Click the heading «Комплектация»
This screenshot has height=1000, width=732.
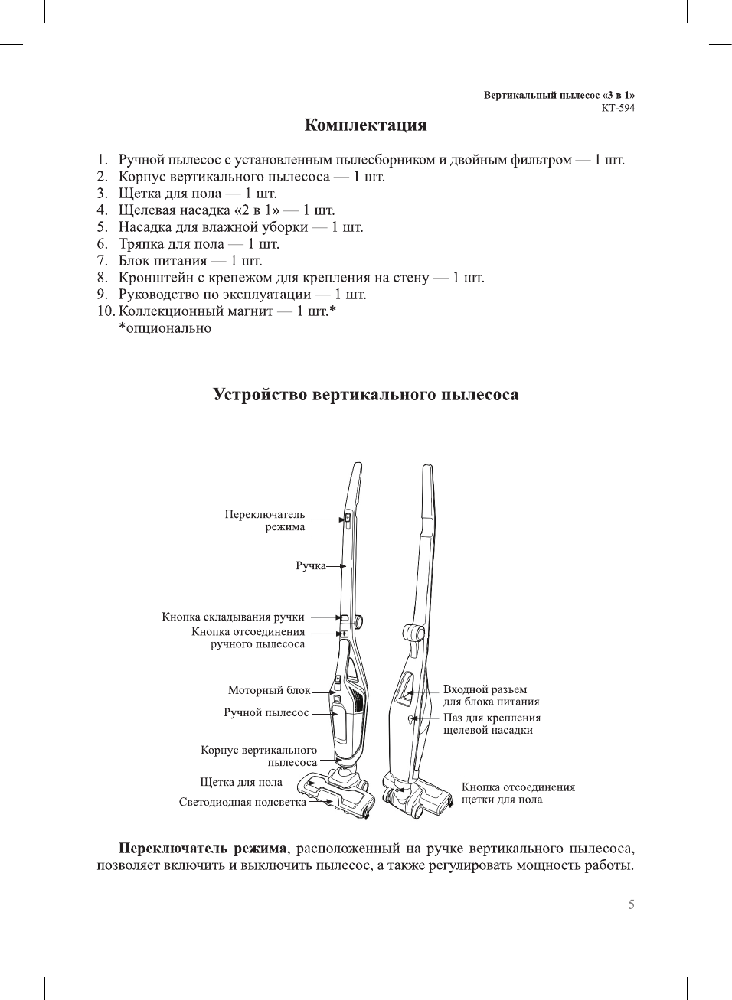pyautogui.click(x=365, y=125)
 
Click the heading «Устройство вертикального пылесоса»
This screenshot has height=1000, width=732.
pyautogui.click(x=365, y=395)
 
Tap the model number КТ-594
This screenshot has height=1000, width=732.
pyautogui.click(x=618, y=108)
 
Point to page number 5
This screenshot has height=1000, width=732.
pyautogui.click(x=631, y=904)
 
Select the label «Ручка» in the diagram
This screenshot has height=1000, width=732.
pyautogui.click(x=310, y=566)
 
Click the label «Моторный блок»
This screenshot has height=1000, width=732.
pyautogui.click(x=269, y=690)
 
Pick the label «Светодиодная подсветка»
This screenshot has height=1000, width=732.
pyautogui.click(x=242, y=802)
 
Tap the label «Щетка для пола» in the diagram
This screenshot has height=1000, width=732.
pyautogui.click(x=240, y=782)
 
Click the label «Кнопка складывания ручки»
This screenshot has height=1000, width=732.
pyautogui.click(x=233, y=617)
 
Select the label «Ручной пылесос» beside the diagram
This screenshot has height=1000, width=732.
pyautogui.click(x=266, y=712)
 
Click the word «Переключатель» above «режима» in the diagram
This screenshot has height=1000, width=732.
pyautogui.click(x=264, y=514)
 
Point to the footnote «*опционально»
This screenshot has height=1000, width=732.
pyautogui.click(x=165, y=328)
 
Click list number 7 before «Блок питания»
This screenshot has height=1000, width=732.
pyautogui.click(x=102, y=261)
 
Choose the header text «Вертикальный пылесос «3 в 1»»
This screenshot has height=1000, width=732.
pyautogui.click(x=559, y=96)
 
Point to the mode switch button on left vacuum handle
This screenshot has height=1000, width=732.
pyautogui.click(x=346, y=521)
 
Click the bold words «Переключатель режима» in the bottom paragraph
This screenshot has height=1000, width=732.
pyautogui.click(x=202, y=849)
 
